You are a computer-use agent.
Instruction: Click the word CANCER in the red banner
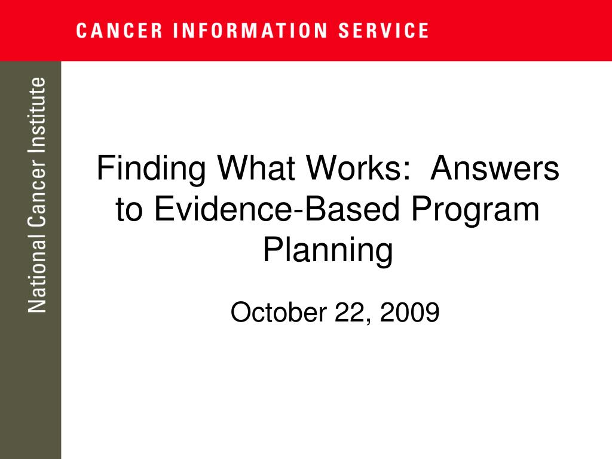pyautogui.click(x=119, y=31)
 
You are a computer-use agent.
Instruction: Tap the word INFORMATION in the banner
pyautogui.click(x=250, y=31)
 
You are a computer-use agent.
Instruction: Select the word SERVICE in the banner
pyautogui.click(x=383, y=31)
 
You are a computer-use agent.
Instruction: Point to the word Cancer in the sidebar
pyautogui.click(x=38, y=193)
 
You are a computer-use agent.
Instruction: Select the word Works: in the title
pyautogui.click(x=359, y=168)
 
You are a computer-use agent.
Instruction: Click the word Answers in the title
pyautogui.click(x=495, y=168)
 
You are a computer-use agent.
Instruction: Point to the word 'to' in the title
pyautogui.click(x=129, y=210)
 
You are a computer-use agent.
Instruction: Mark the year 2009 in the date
pyautogui.click(x=410, y=312)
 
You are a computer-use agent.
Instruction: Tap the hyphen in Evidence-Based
pyautogui.click(x=299, y=212)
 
